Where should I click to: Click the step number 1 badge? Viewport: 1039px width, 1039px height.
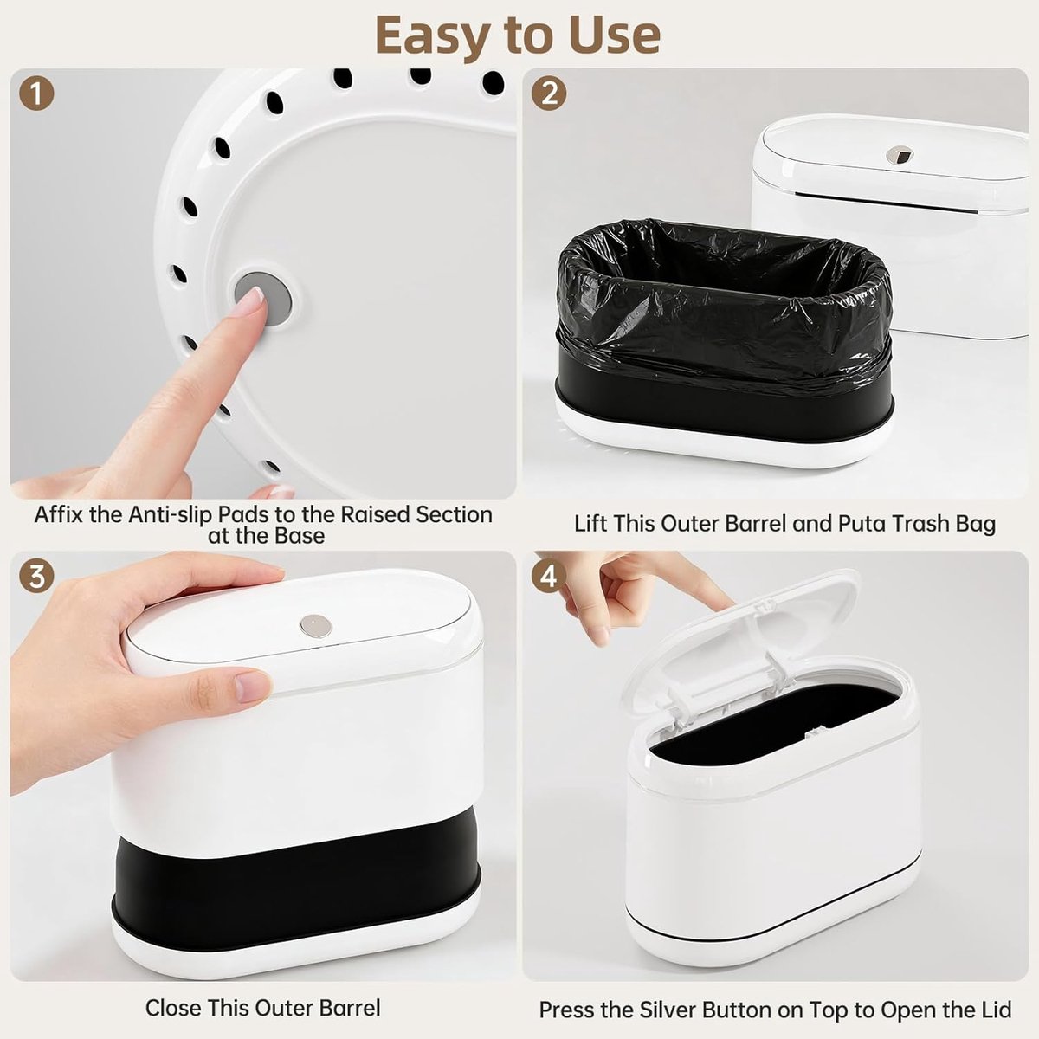click(36, 94)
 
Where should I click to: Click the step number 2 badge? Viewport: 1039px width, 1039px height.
click(549, 94)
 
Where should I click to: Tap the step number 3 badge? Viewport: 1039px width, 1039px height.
click(36, 578)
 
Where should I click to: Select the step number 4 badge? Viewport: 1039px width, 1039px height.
click(549, 578)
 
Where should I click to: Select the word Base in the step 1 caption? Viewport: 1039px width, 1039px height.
click(300, 535)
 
